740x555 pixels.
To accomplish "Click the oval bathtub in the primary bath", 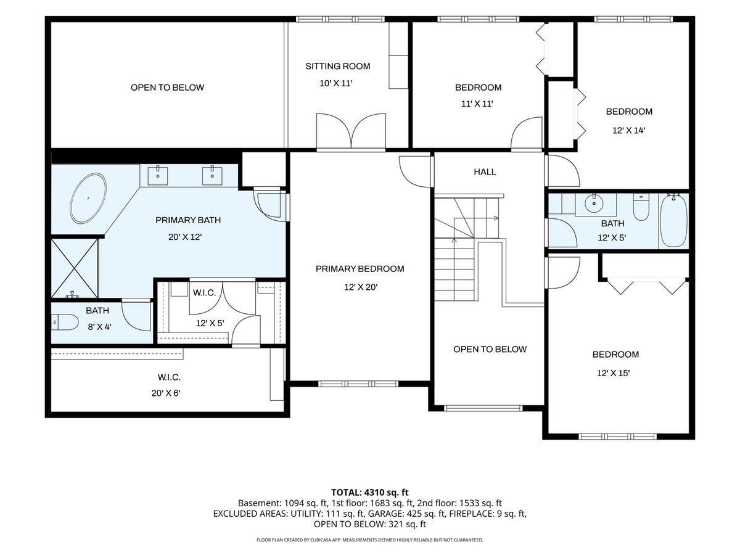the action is [x=88, y=198].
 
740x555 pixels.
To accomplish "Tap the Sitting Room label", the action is [x=337, y=67].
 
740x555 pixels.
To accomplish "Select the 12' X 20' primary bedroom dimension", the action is [x=360, y=287].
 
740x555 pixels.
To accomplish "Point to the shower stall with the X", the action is [x=74, y=268].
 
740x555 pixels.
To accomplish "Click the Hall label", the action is [x=485, y=172].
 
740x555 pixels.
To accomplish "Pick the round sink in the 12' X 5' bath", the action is [x=593, y=203].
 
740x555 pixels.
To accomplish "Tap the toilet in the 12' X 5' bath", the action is [x=641, y=207].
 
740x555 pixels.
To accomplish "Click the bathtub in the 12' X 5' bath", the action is [x=673, y=221].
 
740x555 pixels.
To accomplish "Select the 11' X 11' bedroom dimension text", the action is [x=477, y=104].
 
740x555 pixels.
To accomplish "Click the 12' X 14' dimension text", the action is [x=628, y=130].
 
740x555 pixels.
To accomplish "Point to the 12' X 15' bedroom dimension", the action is [x=613, y=373].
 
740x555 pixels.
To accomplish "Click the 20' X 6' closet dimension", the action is [x=166, y=393].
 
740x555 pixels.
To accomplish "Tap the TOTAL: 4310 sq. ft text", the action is [x=369, y=492].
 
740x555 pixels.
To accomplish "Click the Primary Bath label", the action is [x=188, y=220].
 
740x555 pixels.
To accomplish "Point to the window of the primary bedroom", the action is [x=358, y=384].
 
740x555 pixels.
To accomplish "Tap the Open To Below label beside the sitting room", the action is [x=167, y=88].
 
